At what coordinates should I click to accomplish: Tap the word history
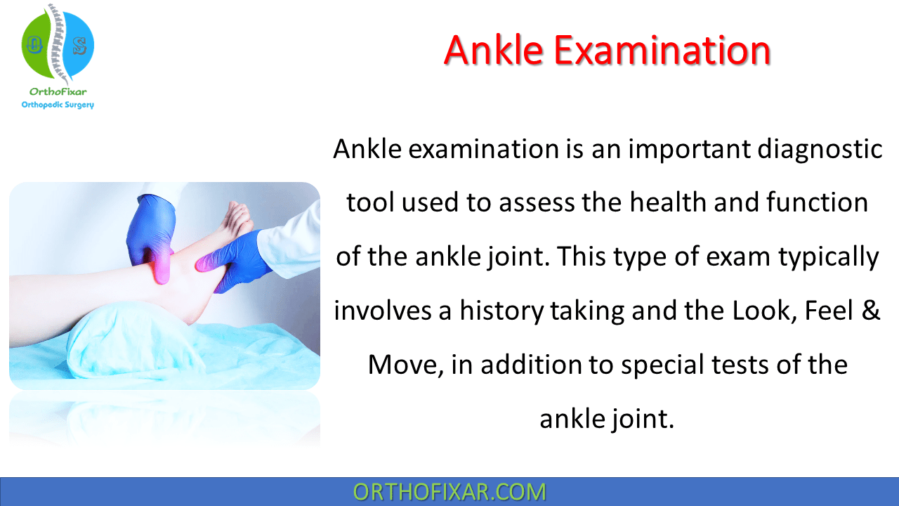[x=499, y=310]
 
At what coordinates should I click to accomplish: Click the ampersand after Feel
[x=870, y=310]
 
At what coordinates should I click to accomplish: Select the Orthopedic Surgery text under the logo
[x=58, y=105]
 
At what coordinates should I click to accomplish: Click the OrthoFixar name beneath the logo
[x=58, y=92]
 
